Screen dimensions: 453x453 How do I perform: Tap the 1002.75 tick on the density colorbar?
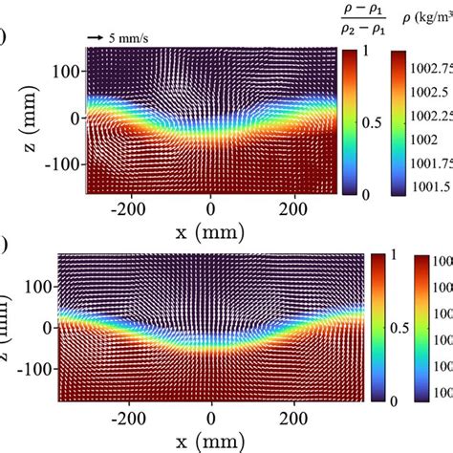coord(422,69)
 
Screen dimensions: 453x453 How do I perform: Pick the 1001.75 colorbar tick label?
coord(422,161)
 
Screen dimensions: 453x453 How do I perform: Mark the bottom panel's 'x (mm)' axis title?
coord(211,442)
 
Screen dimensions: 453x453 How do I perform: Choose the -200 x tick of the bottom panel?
coord(128,418)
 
